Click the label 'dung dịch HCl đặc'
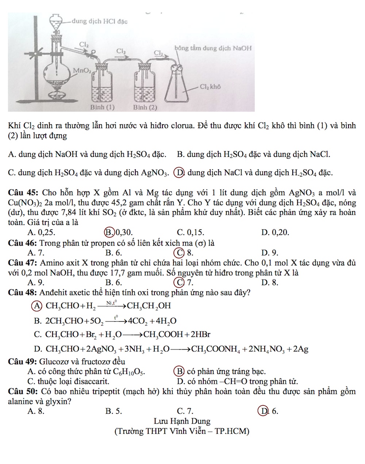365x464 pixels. pyautogui.click(x=100, y=21)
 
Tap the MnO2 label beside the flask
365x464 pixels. pyautogui.click(x=82, y=70)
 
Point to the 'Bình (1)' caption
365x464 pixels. pyautogui.click(x=103, y=107)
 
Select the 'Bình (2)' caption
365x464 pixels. pyautogui.click(x=145, y=107)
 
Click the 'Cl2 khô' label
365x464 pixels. pyautogui.click(x=211, y=87)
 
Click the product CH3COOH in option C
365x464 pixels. pyautogui.click(x=164, y=334)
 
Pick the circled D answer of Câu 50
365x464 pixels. pyautogui.click(x=262, y=411)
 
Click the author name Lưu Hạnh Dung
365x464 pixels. pyautogui.click(x=182, y=421)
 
